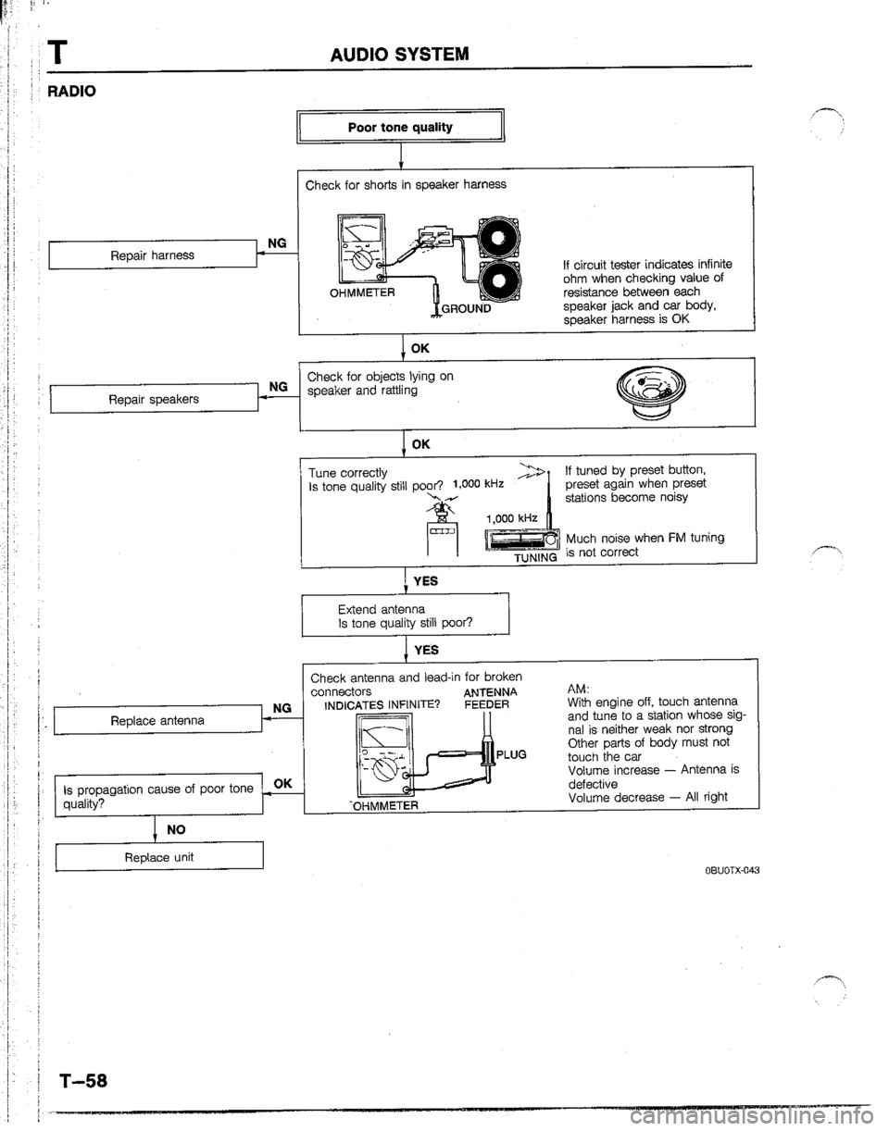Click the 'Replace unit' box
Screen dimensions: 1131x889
(159, 858)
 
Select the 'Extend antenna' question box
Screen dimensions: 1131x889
(406, 615)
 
